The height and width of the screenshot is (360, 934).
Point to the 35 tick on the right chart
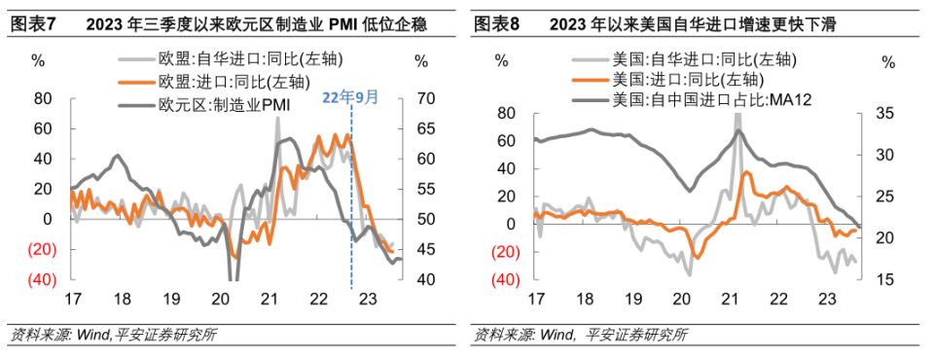pyautogui.click(x=887, y=114)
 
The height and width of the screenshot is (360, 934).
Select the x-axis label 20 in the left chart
pyautogui.click(x=221, y=300)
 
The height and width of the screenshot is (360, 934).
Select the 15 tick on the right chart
pyautogui.click(x=887, y=280)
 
